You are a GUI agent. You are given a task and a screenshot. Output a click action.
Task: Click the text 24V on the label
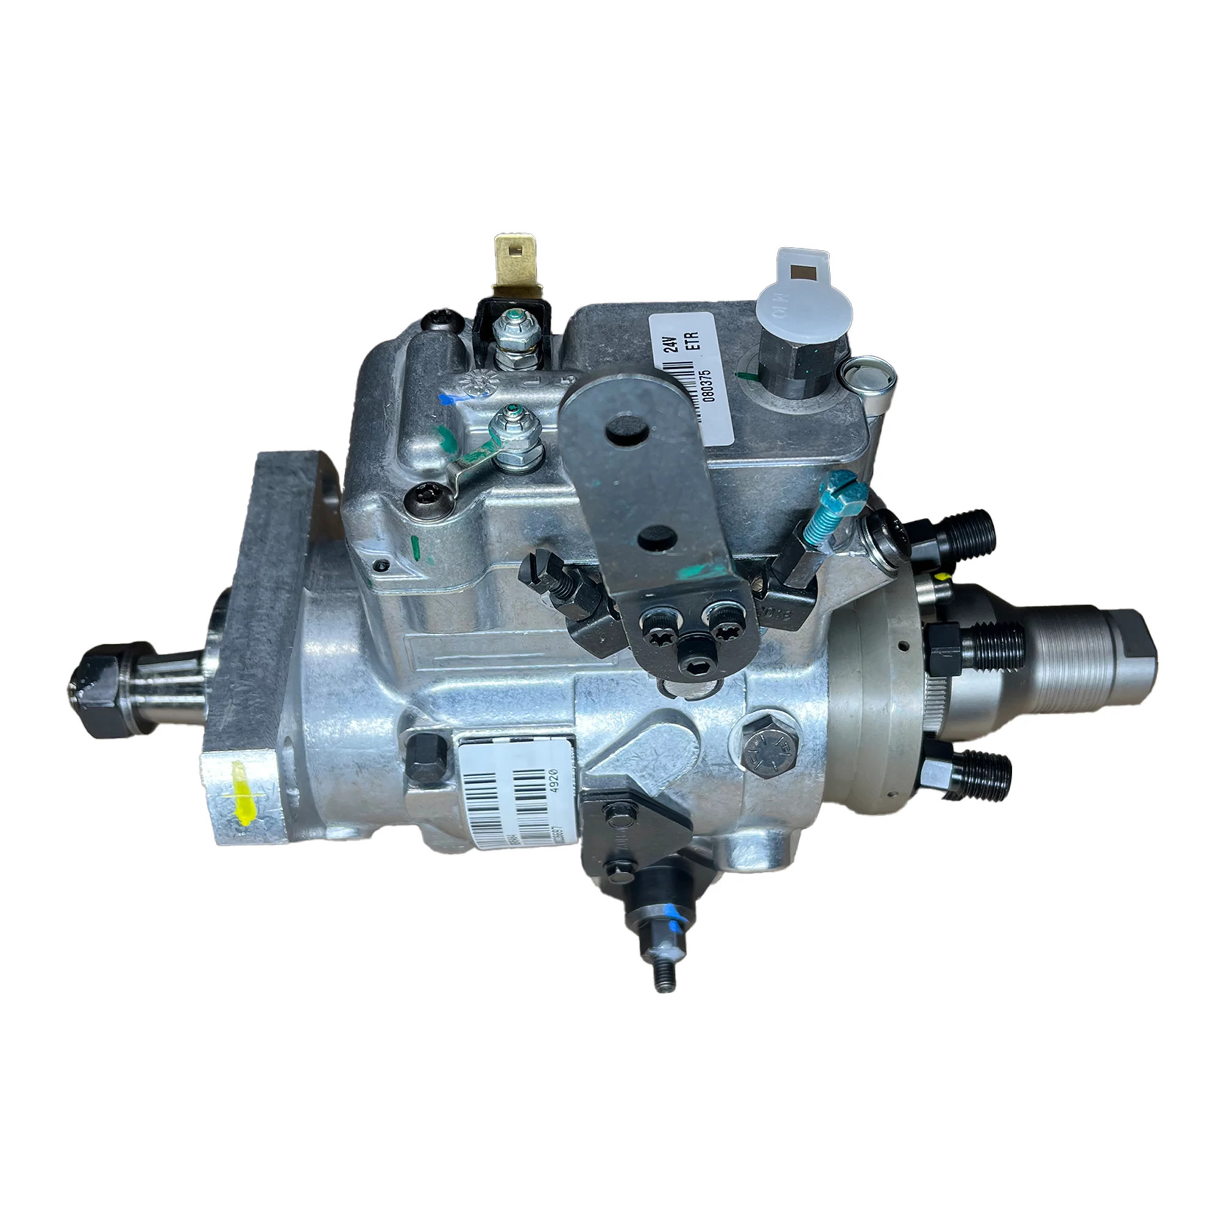[673, 343]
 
